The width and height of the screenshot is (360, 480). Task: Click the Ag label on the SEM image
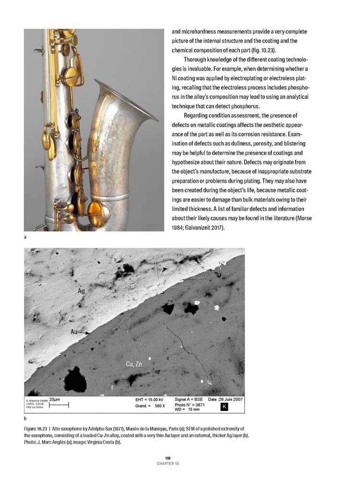tap(82, 291)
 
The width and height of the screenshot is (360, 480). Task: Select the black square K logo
tap(224, 407)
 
